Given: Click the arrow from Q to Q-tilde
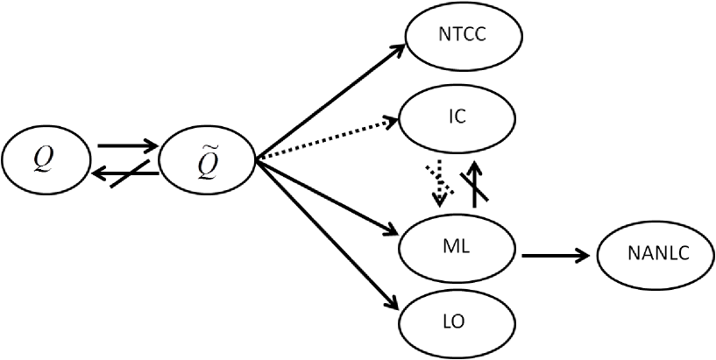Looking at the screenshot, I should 127,144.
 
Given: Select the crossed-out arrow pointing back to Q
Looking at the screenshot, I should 127,174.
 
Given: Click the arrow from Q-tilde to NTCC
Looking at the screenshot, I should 329,100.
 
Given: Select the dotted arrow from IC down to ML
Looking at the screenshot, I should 441,181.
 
